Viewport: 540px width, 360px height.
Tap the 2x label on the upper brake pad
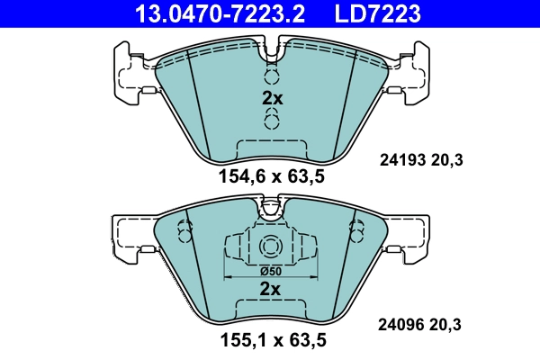271,99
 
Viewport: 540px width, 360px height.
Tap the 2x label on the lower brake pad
271,289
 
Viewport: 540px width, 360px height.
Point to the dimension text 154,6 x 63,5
271,176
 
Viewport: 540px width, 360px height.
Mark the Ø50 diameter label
271,271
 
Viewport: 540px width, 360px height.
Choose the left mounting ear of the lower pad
129,236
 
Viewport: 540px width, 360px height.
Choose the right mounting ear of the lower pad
412,236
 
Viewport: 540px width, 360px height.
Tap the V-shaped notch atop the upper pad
271,52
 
